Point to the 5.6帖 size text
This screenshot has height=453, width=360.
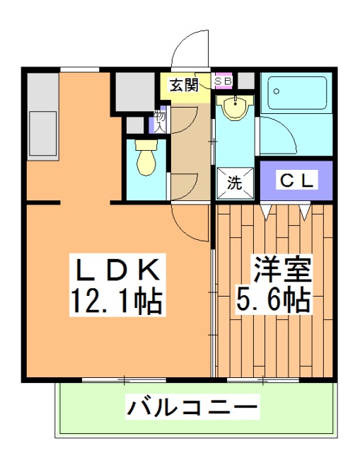(x=273, y=302)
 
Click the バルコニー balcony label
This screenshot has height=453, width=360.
(x=192, y=408)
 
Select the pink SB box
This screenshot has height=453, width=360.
(x=223, y=81)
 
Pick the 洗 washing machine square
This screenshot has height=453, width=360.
(x=233, y=182)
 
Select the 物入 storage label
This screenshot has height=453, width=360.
(x=159, y=121)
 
